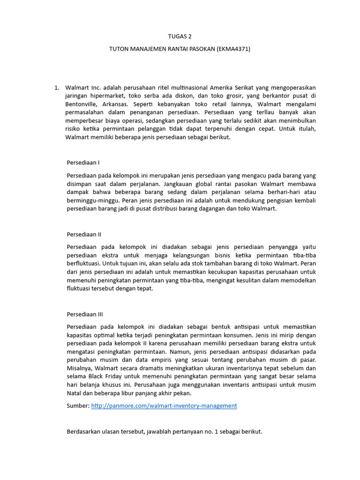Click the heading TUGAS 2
tap(180, 36)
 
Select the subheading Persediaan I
tap(83, 163)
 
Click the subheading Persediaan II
tap(84, 234)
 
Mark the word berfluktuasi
tap(84, 263)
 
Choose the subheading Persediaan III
tap(85, 314)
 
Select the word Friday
tap(118, 376)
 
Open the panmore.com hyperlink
tap(164, 405)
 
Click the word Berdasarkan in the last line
tap(86, 431)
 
